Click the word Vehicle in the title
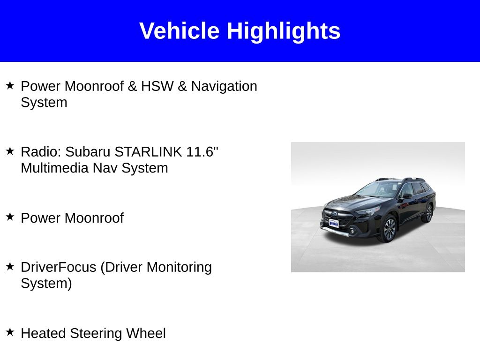coord(179,31)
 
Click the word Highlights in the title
coord(283,31)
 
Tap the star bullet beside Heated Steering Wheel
coord(10,332)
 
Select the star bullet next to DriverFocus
coord(10,266)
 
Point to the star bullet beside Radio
coord(10,151)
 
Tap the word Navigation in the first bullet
coord(224,86)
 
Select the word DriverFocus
coord(59,267)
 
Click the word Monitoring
coord(179,267)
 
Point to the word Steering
coord(96,333)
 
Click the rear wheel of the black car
coord(428,213)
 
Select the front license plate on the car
coord(334,224)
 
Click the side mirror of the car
coord(407,195)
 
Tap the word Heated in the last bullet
coord(44,333)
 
